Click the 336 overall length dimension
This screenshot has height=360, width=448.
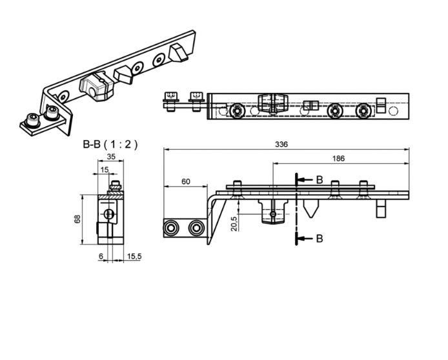[281, 145]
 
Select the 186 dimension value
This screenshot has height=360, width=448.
[338, 159]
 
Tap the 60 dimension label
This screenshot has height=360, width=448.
[186, 181]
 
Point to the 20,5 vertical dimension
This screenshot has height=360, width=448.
[234, 223]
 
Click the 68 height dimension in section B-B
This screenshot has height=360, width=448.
[77, 219]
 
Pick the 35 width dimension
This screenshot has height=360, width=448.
[111, 156]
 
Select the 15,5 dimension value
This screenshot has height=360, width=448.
[134, 256]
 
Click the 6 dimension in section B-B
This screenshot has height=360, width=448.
[101, 256]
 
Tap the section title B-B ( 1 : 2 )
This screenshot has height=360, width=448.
[110, 145]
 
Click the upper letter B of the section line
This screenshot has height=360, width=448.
[320, 180]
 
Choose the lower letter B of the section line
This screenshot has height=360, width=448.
[320, 238]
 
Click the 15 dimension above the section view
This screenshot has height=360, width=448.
[105, 170]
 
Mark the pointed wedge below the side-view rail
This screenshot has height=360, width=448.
[311, 208]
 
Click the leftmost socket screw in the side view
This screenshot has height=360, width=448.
[171, 228]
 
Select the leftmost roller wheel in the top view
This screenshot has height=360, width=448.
[237, 111]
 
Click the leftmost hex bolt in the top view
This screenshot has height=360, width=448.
[170, 102]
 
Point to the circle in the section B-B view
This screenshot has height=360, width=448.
[108, 214]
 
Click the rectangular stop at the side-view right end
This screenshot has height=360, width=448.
[381, 208]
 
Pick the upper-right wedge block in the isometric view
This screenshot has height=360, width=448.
[179, 52]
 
